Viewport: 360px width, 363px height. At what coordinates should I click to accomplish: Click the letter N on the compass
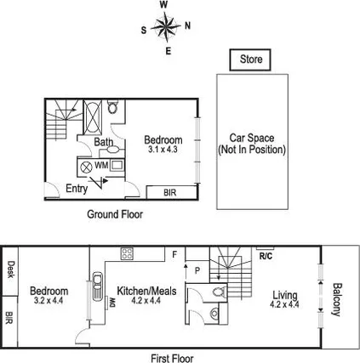click(187, 26)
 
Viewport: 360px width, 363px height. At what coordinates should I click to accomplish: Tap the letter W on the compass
click(163, 5)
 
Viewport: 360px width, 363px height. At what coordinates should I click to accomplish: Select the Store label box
click(250, 60)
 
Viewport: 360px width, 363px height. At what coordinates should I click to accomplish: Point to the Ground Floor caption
click(115, 215)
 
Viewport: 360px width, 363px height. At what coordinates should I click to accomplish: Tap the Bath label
click(103, 143)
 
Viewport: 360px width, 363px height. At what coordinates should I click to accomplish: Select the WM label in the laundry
click(101, 164)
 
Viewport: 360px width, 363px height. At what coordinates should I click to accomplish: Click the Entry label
click(77, 190)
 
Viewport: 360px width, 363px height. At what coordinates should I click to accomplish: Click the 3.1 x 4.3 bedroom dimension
click(163, 150)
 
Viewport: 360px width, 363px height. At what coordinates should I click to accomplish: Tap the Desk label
click(9, 269)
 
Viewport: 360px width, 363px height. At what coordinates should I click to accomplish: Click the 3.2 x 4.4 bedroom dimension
click(49, 301)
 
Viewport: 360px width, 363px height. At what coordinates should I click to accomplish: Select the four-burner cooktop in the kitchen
click(128, 252)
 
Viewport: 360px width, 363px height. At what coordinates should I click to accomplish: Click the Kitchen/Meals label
click(146, 291)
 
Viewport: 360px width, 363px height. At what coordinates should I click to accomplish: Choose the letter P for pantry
click(197, 269)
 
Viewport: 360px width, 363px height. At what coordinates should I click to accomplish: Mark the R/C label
click(265, 254)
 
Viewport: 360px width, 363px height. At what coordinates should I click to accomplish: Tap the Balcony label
click(336, 298)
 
